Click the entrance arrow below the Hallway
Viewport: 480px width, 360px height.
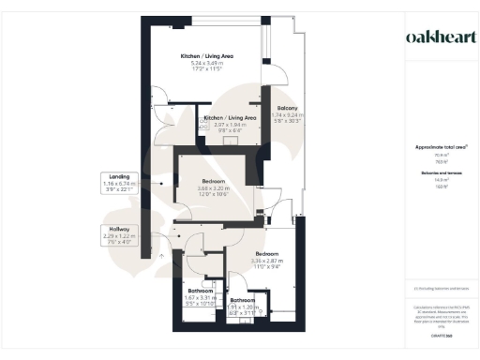tap(160, 253)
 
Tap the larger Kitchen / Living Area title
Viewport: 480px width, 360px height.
tap(207, 56)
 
